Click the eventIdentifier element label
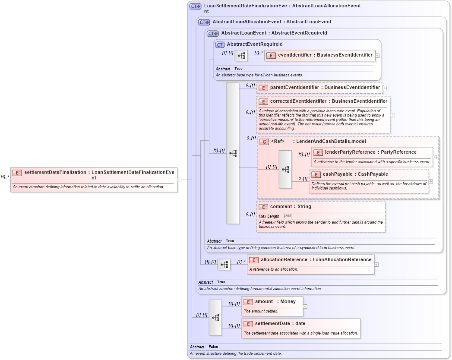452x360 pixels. pyautogui.click(x=325, y=55)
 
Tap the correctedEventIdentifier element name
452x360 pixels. pyautogui.click(x=328, y=101)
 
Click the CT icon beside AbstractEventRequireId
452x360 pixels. pyautogui.click(x=220, y=44)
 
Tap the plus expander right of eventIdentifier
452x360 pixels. pyautogui.click(x=377, y=55)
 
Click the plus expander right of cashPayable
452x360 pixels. pyautogui.click(x=430, y=181)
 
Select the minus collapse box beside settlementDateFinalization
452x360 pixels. pyautogui.click(x=179, y=180)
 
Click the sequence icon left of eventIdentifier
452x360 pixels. pyautogui.click(x=241, y=55)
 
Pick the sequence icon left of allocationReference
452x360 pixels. pyautogui.click(x=224, y=264)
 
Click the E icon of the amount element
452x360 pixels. pyautogui.click(x=248, y=302)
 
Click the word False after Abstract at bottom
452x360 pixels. pyautogui.click(x=213, y=347)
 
